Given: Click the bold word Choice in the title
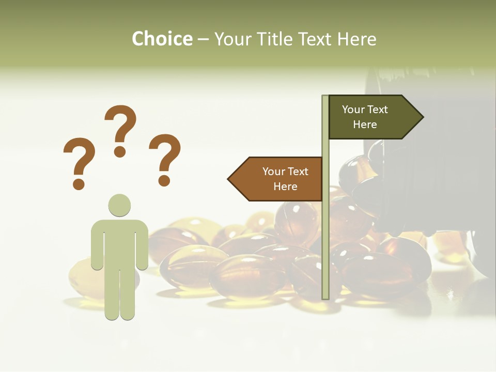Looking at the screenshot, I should pos(162,39).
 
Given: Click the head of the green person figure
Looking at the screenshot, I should pos(119,205).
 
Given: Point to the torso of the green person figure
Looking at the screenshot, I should pos(119,243).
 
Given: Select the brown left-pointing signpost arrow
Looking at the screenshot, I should pos(276,179).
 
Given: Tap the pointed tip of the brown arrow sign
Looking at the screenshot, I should pos(229,179).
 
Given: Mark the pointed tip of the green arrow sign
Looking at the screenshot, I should pos(422,117).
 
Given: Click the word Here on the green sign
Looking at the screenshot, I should pos(365,125).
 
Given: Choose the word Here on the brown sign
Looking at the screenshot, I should pos(285,187).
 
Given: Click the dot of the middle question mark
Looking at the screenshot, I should pos(120,151).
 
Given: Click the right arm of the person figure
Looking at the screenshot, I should pos(142,245).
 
